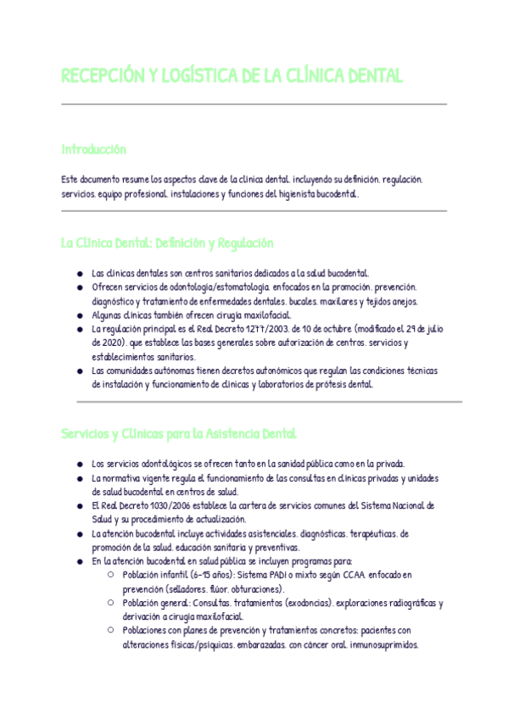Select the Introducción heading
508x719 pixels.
(93, 149)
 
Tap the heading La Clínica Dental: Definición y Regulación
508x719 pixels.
(167, 242)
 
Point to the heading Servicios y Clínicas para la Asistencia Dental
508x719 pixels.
(178, 433)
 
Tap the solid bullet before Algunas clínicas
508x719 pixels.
(79, 315)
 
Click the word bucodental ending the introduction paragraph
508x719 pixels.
(337, 194)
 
